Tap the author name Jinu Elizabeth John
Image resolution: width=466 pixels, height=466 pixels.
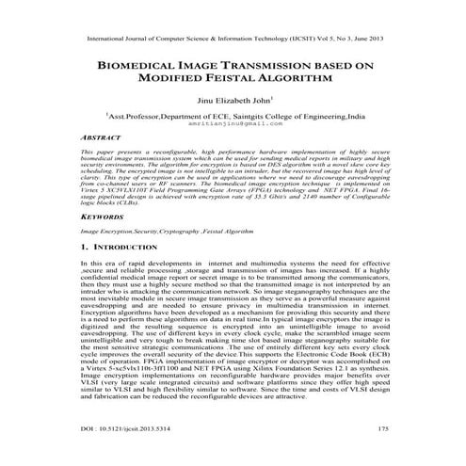coord(232,100)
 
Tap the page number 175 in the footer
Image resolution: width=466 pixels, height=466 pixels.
coord(383,456)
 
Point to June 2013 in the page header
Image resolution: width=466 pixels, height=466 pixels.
coord(369,40)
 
